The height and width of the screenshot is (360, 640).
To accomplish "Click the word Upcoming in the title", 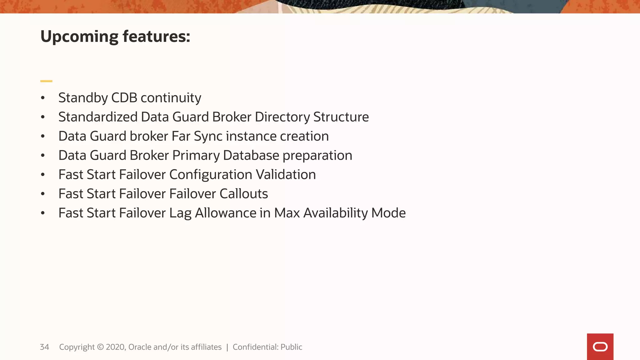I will click(79, 37).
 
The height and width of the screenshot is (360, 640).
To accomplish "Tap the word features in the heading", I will click(156, 36).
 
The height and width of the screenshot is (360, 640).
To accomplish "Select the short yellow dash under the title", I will click(46, 81).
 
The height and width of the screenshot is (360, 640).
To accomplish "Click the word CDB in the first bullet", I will click(124, 98).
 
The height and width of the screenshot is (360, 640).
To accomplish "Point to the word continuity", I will click(171, 98).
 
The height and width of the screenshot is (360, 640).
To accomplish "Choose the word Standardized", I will click(98, 117).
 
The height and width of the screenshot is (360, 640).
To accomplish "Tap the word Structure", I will click(341, 117).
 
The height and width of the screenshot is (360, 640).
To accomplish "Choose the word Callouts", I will click(243, 194).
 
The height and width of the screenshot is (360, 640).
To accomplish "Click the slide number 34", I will click(44, 347).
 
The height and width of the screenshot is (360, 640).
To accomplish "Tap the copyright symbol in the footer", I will click(100, 347).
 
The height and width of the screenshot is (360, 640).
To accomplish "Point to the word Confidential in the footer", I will click(255, 347).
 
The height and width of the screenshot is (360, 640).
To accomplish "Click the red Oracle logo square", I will click(600, 347).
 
